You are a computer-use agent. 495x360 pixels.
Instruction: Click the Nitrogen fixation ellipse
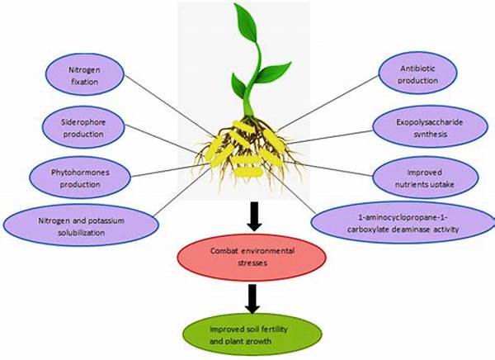pos(85,74)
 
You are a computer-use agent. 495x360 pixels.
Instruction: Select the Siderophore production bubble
pos(83,127)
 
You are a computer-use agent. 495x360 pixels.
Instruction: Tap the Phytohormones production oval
pos(80,178)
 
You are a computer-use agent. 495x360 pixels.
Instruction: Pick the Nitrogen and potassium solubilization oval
pos(81,225)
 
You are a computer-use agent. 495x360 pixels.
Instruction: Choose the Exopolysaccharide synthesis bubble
pos(430,126)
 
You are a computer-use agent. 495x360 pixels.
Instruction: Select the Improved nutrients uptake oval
pos(425,178)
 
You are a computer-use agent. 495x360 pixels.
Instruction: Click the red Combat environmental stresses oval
pos(252,258)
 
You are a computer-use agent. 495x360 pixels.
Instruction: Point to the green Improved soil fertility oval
pos(252,336)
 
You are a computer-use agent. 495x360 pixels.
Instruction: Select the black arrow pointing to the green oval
pos(252,299)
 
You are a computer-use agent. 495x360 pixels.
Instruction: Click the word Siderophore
pos(83,122)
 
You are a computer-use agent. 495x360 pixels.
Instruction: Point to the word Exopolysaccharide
pos(430,122)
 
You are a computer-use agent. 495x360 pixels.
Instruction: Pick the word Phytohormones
pos(80,173)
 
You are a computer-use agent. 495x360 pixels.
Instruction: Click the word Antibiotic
pos(417,69)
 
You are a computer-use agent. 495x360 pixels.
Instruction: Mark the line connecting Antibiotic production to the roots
pos(328,103)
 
